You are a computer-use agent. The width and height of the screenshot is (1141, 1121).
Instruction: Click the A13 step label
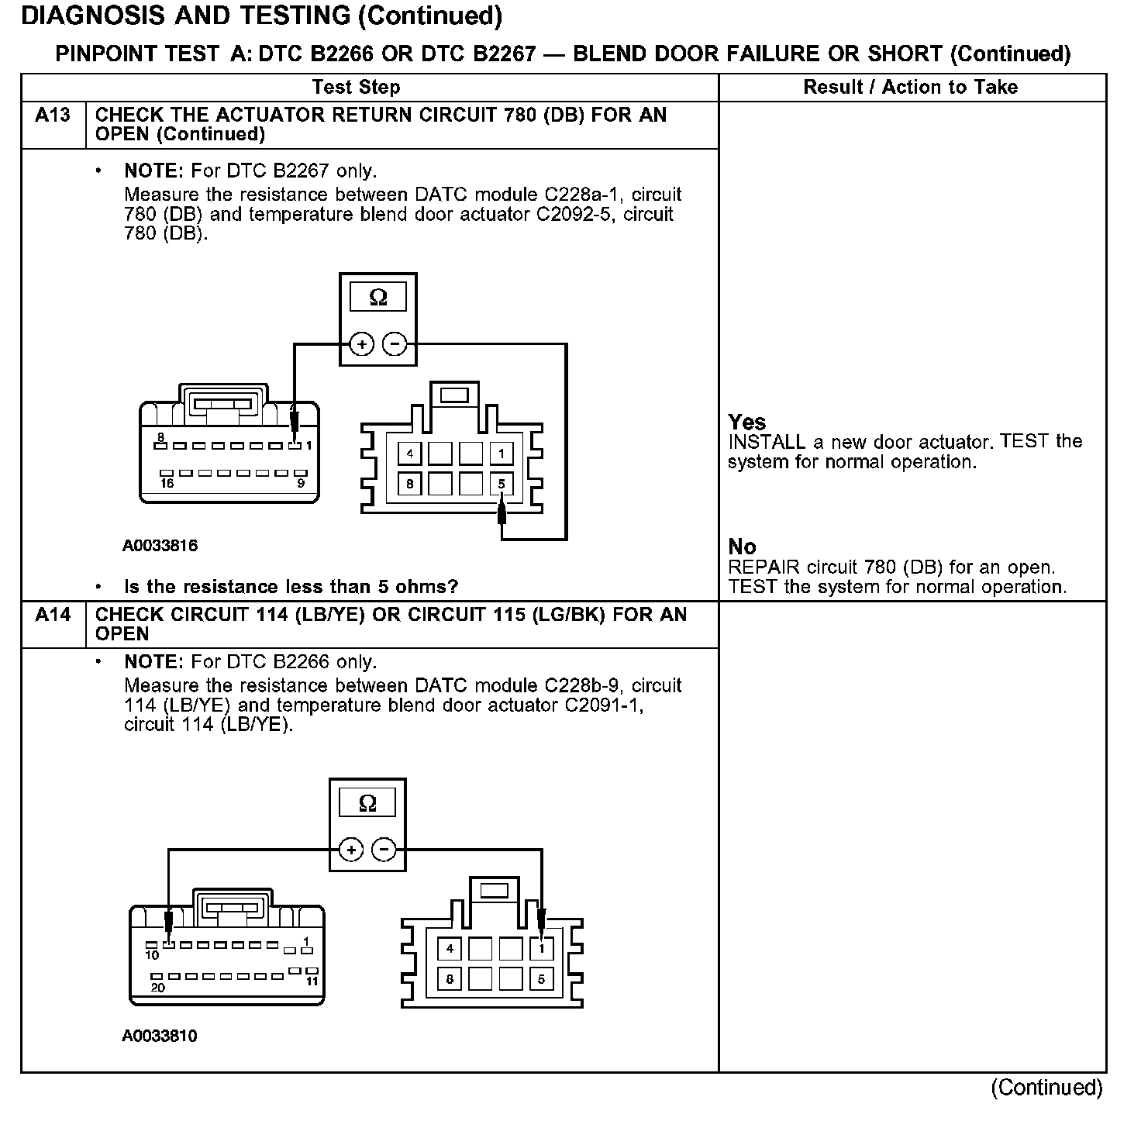pos(53,116)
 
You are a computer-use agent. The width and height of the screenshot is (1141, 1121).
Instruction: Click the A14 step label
pos(53,616)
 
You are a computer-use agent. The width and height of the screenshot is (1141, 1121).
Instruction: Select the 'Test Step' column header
pos(356,87)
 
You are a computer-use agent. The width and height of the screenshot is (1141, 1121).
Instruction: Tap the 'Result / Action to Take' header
pos(911,87)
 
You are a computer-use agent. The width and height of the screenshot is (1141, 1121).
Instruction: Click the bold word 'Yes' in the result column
pos(747,423)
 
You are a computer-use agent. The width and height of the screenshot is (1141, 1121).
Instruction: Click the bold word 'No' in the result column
pos(742,547)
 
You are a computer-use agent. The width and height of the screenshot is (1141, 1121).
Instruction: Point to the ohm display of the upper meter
pos(378,297)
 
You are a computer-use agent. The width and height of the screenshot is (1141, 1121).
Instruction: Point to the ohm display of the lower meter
pos(367,803)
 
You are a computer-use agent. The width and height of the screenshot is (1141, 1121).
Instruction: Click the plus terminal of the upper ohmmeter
pos(361,343)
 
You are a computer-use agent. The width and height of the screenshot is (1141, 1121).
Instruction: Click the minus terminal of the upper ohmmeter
pos(395,343)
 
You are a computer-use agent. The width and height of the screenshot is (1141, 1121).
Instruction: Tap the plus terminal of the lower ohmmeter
pos(351,850)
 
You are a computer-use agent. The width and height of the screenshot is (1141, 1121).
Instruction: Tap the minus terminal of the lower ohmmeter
pos(384,850)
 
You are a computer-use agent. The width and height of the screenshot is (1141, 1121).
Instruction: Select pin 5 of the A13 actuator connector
pos(502,485)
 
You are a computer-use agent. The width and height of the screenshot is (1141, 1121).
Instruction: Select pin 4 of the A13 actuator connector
pos(410,454)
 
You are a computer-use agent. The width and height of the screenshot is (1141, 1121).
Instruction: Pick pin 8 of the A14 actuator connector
pos(450,979)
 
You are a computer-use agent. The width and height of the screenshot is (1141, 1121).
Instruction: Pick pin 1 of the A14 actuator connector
pos(541,948)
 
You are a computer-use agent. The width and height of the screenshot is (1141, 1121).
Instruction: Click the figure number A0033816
pos(160,546)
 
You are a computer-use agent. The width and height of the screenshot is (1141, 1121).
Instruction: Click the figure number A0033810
pos(160,1036)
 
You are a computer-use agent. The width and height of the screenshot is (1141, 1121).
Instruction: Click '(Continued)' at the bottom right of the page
pos(1046,1088)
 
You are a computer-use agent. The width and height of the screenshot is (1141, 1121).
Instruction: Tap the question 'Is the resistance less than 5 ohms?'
pos(291,586)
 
